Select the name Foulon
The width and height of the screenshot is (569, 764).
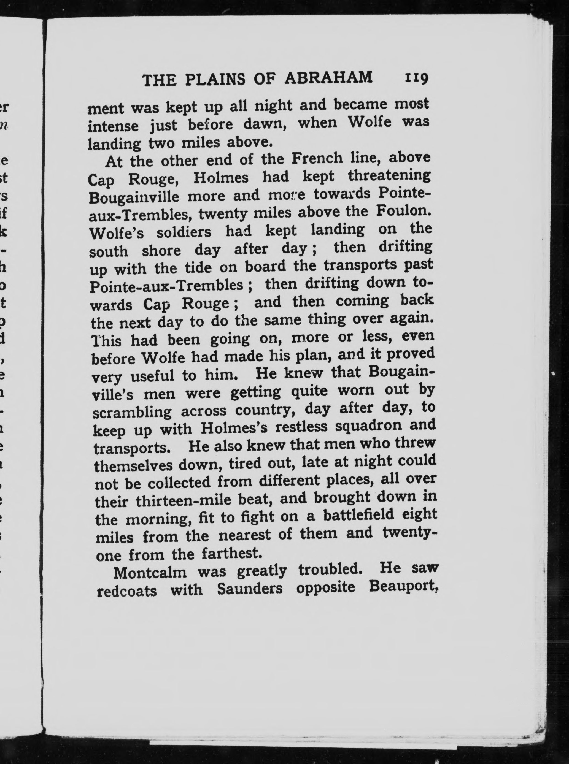pos(403,211)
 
